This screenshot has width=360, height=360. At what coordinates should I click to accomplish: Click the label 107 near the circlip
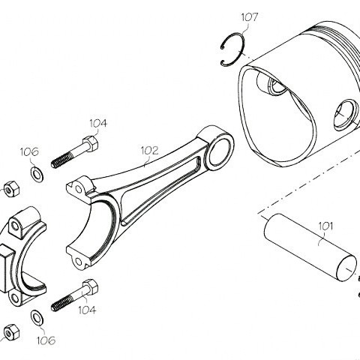pyautogui.click(x=249, y=17)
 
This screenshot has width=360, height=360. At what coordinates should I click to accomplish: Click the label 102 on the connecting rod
pyautogui.click(x=150, y=151)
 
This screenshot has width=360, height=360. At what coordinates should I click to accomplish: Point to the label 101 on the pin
pyautogui.click(x=326, y=226)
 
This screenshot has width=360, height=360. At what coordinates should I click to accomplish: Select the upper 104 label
pyautogui.click(x=98, y=123)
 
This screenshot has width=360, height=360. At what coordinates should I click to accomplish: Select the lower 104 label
pyautogui.click(x=87, y=310)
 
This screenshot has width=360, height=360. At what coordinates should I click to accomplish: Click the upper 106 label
pyautogui.click(x=29, y=151)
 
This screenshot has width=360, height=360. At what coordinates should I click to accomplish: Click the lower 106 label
pyautogui.click(x=46, y=340)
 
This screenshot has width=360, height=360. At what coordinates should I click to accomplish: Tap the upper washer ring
pyautogui.click(x=37, y=174)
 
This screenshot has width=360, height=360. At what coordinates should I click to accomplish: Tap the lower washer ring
pyautogui.click(x=37, y=318)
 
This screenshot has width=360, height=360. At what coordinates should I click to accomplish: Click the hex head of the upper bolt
pyautogui.click(x=90, y=144)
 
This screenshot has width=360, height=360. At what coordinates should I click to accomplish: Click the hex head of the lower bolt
pyautogui.click(x=90, y=287)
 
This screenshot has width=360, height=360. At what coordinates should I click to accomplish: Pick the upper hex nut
pyautogui.click(x=11, y=189)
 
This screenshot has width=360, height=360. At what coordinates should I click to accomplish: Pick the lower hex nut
pyautogui.click(x=11, y=332)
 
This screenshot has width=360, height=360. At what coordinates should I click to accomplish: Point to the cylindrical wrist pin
pyautogui.click(x=310, y=247)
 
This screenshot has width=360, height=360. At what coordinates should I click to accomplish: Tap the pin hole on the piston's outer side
pyautogui.click(x=346, y=115)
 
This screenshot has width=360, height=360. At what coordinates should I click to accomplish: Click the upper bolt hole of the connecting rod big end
pyautogui.click(x=79, y=189)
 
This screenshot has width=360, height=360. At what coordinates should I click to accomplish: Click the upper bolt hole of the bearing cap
pyautogui.click(x=16, y=226)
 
